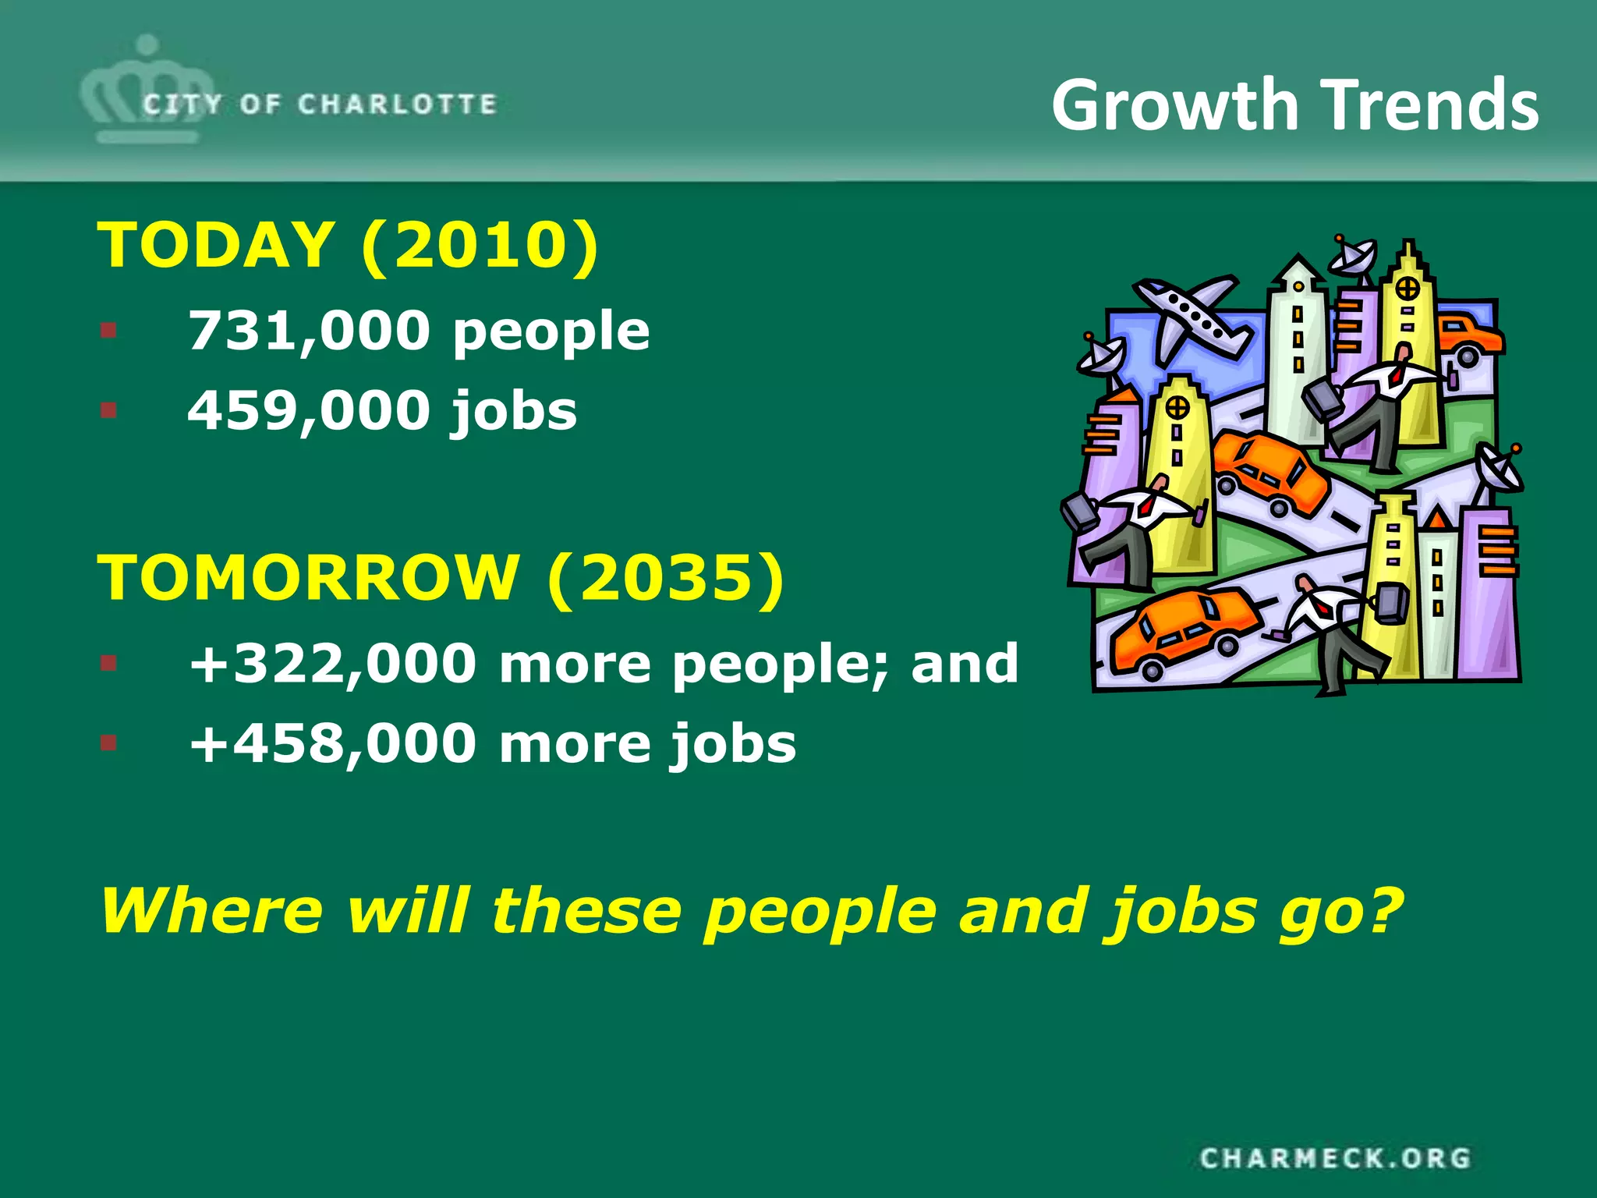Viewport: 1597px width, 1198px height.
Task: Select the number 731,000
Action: [x=309, y=331]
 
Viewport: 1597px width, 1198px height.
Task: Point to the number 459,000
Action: [x=309, y=410]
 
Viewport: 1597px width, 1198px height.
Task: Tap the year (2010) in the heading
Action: [x=480, y=245]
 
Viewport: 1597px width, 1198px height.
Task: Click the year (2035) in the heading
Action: [x=665, y=577]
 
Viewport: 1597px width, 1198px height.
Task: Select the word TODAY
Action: [x=216, y=245]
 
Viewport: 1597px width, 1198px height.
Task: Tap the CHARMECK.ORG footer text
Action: [x=1335, y=1158]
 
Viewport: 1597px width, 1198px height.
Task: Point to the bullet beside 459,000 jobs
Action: [x=108, y=409]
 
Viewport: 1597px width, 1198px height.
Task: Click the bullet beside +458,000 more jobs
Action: [x=108, y=743]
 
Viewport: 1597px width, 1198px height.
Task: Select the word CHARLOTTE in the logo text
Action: [x=397, y=104]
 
